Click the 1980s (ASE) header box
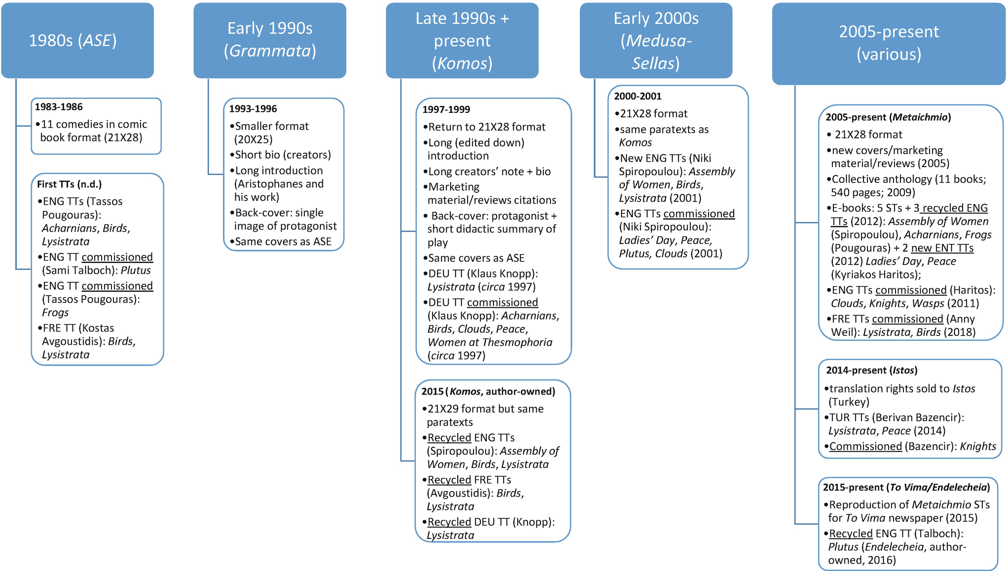[77, 40]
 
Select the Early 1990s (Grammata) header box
[270, 40]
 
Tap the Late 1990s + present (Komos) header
[462, 40]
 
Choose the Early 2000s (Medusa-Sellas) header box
[656, 40]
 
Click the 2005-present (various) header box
[889, 43]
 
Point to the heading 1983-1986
[59, 107]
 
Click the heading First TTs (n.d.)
[70, 184]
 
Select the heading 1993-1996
[253, 109]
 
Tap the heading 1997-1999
[446, 109]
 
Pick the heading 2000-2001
[638, 96]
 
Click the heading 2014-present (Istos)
[871, 370]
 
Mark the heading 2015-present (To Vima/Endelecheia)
[906, 487]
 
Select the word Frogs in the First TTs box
[55, 313]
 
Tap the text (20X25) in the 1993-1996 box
[253, 139]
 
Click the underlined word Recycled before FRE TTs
[449, 480]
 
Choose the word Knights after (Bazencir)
[978, 446]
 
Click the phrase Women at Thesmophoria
[490, 342]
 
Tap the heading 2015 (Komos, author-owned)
[488, 392]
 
